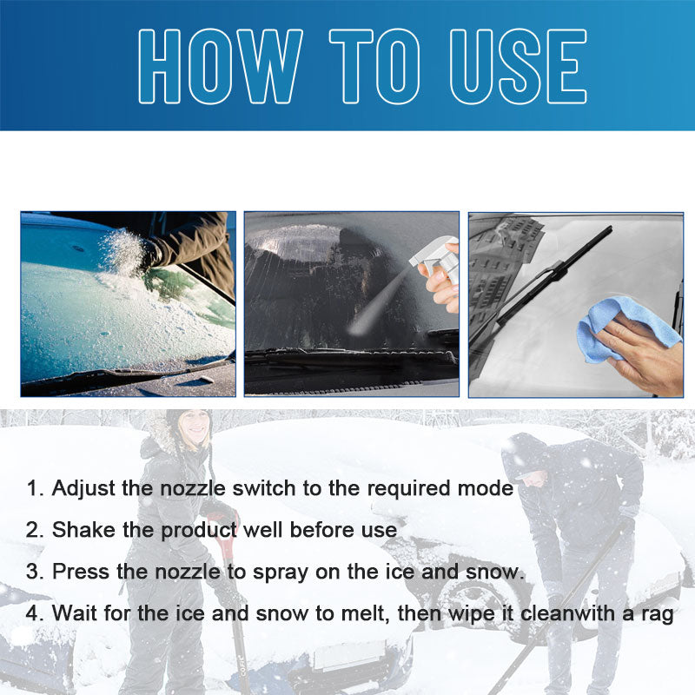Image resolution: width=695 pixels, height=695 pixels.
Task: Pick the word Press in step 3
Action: point(80,572)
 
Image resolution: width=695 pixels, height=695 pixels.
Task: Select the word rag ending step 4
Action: point(656,614)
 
